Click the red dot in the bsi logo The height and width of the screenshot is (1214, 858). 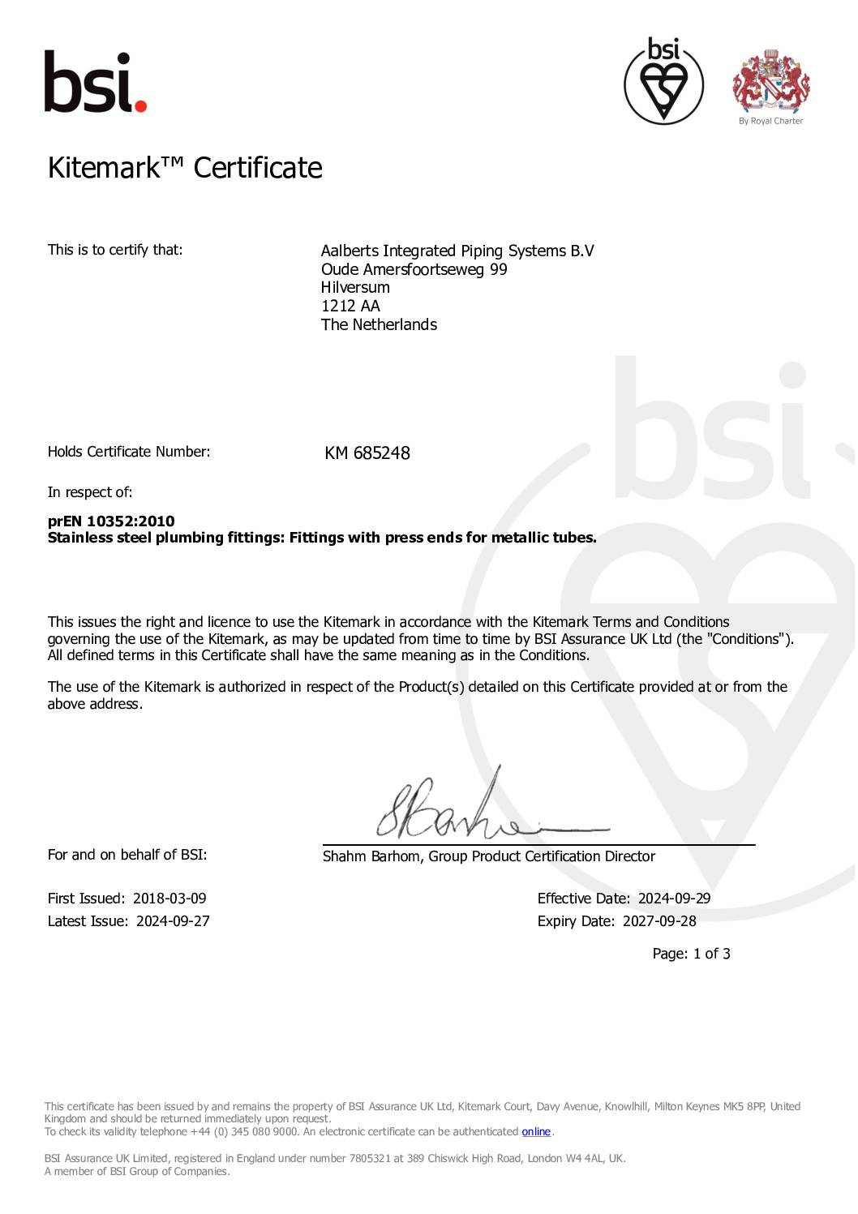point(140,106)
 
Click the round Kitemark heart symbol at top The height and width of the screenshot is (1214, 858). point(663,81)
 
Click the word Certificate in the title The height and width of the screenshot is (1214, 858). point(258,168)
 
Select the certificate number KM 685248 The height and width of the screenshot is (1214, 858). point(367,453)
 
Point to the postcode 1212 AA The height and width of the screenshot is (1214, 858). point(350,306)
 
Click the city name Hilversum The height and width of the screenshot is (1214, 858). point(355,287)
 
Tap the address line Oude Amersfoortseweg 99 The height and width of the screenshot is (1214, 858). point(414,269)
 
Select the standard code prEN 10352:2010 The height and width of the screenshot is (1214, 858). point(111,521)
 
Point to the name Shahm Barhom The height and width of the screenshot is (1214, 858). point(371,856)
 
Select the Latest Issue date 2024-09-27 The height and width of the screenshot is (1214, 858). point(173,921)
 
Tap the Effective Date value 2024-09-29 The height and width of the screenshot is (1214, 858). point(674,899)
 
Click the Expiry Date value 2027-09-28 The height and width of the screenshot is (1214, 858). point(659,921)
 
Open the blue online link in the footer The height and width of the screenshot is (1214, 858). point(536,1131)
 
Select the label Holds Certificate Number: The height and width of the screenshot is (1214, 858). point(129,452)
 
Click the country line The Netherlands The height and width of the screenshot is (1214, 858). point(379,324)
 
